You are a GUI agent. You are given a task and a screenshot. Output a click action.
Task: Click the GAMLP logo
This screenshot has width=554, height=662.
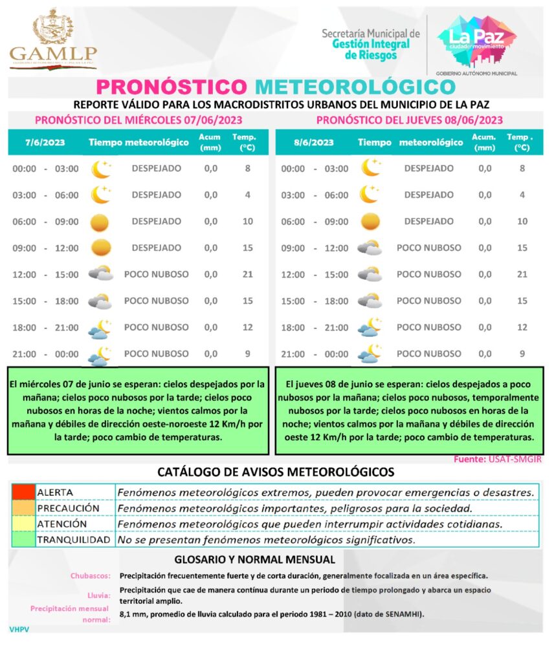click(53, 40)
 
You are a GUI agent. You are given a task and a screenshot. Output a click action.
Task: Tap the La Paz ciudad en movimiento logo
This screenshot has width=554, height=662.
click(476, 43)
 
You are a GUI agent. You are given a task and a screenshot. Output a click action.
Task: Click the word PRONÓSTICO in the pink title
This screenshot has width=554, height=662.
click(172, 87)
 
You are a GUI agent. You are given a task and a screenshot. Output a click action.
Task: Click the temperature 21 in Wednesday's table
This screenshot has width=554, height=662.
click(247, 274)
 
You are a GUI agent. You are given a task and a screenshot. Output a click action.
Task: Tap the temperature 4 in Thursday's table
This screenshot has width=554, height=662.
click(522, 195)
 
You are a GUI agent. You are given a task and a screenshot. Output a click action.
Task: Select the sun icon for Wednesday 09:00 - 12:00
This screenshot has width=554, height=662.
click(101, 248)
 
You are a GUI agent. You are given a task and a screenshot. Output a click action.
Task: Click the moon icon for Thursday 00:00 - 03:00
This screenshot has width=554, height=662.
click(370, 168)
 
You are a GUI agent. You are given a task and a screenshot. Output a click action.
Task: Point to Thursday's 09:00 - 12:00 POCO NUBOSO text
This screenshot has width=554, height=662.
click(428, 248)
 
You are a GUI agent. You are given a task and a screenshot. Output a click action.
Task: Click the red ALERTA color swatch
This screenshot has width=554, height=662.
click(23, 492)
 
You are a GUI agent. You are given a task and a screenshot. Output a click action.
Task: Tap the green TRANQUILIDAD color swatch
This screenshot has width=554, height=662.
click(23, 539)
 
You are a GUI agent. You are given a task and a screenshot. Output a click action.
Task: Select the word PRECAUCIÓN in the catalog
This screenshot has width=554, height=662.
click(68, 508)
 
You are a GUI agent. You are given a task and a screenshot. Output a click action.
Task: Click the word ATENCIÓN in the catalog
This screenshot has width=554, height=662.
click(62, 524)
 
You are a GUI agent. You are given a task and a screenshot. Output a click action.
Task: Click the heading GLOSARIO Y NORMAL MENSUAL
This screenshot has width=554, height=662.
click(255, 559)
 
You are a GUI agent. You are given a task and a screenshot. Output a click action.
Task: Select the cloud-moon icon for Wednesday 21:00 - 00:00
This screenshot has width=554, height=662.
click(100, 354)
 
